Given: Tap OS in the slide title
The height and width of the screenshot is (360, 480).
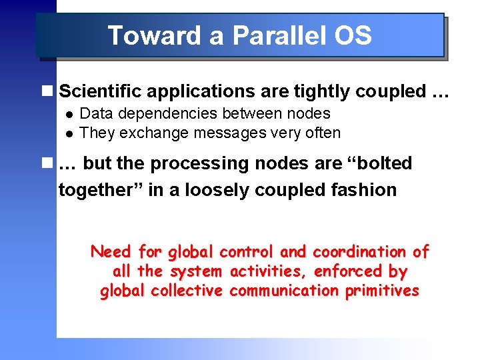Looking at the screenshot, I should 353,35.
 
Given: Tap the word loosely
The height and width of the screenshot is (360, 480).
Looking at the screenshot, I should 221,190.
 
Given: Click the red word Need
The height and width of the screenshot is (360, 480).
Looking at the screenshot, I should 111,252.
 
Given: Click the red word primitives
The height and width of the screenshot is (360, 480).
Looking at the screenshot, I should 382,291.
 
